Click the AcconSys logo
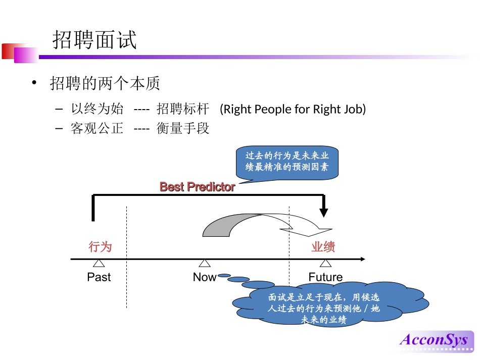click(x=434, y=339)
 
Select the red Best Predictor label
click(x=197, y=187)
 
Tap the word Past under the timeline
click(x=99, y=277)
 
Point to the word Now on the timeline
click(x=204, y=277)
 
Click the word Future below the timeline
click(x=325, y=277)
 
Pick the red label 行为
click(x=100, y=247)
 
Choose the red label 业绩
click(x=323, y=247)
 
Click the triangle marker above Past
click(x=99, y=263)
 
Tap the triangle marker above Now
click(x=204, y=263)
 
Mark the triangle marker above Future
click(x=325, y=263)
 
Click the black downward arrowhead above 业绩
click(x=324, y=212)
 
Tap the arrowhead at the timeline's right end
click(x=362, y=259)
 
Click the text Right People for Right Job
click(x=293, y=109)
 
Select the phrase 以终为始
click(x=97, y=109)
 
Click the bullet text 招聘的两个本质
click(x=105, y=83)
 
